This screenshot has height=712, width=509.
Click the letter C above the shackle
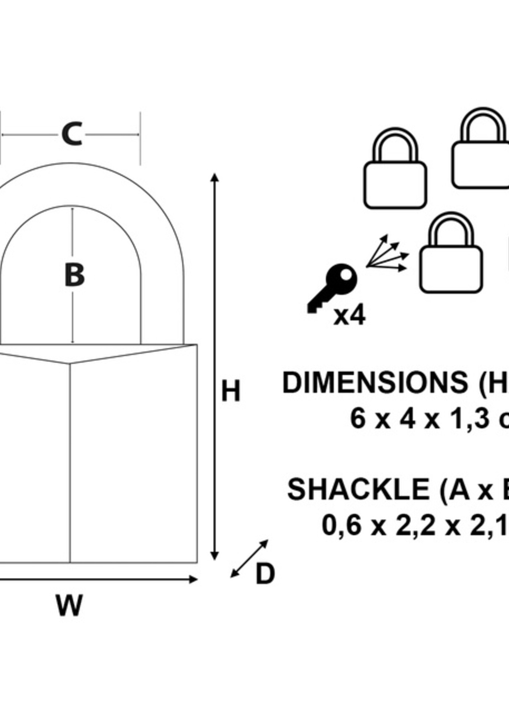(x=72, y=134)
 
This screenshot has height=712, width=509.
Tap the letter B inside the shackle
(x=74, y=275)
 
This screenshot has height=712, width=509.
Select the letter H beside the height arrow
(x=231, y=391)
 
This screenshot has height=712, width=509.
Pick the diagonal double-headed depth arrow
(x=249, y=559)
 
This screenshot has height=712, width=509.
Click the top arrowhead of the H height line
(x=214, y=177)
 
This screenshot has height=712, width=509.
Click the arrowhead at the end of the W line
(x=193, y=580)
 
